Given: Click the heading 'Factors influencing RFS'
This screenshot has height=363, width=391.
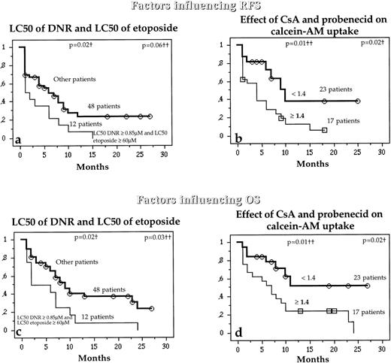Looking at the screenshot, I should click(195, 7).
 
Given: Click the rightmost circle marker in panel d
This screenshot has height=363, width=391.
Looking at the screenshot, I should click(366, 286).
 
